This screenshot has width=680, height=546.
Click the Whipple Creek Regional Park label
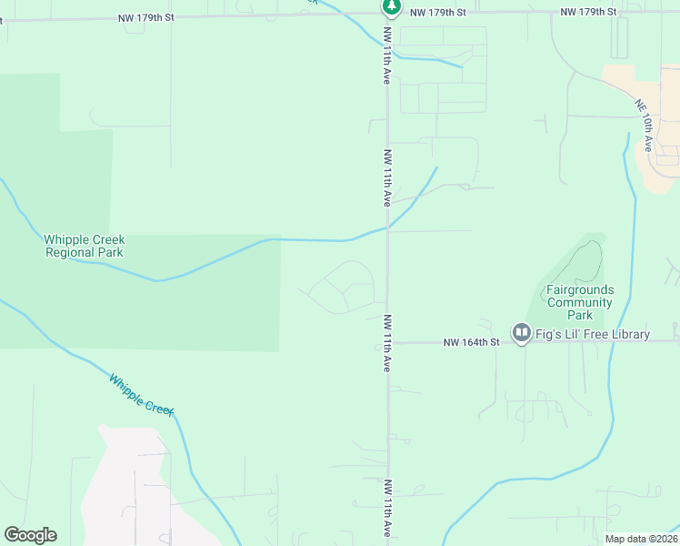click(85, 246)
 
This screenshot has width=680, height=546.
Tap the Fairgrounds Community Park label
click(580, 302)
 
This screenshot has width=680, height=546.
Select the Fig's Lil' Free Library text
click(593, 334)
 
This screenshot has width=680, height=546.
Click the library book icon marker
click(522, 334)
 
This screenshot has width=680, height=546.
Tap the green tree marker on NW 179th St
click(391, 7)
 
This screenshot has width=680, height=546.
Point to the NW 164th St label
click(472, 343)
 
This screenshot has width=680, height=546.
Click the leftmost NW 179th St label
click(145, 17)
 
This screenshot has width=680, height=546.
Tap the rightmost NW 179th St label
click(588, 12)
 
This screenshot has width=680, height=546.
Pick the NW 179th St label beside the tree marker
click(437, 12)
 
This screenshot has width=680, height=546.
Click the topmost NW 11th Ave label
click(387, 56)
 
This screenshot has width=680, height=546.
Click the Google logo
click(30, 535)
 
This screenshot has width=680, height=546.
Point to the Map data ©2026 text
click(640, 539)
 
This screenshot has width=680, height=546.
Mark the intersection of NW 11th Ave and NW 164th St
click(388, 343)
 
